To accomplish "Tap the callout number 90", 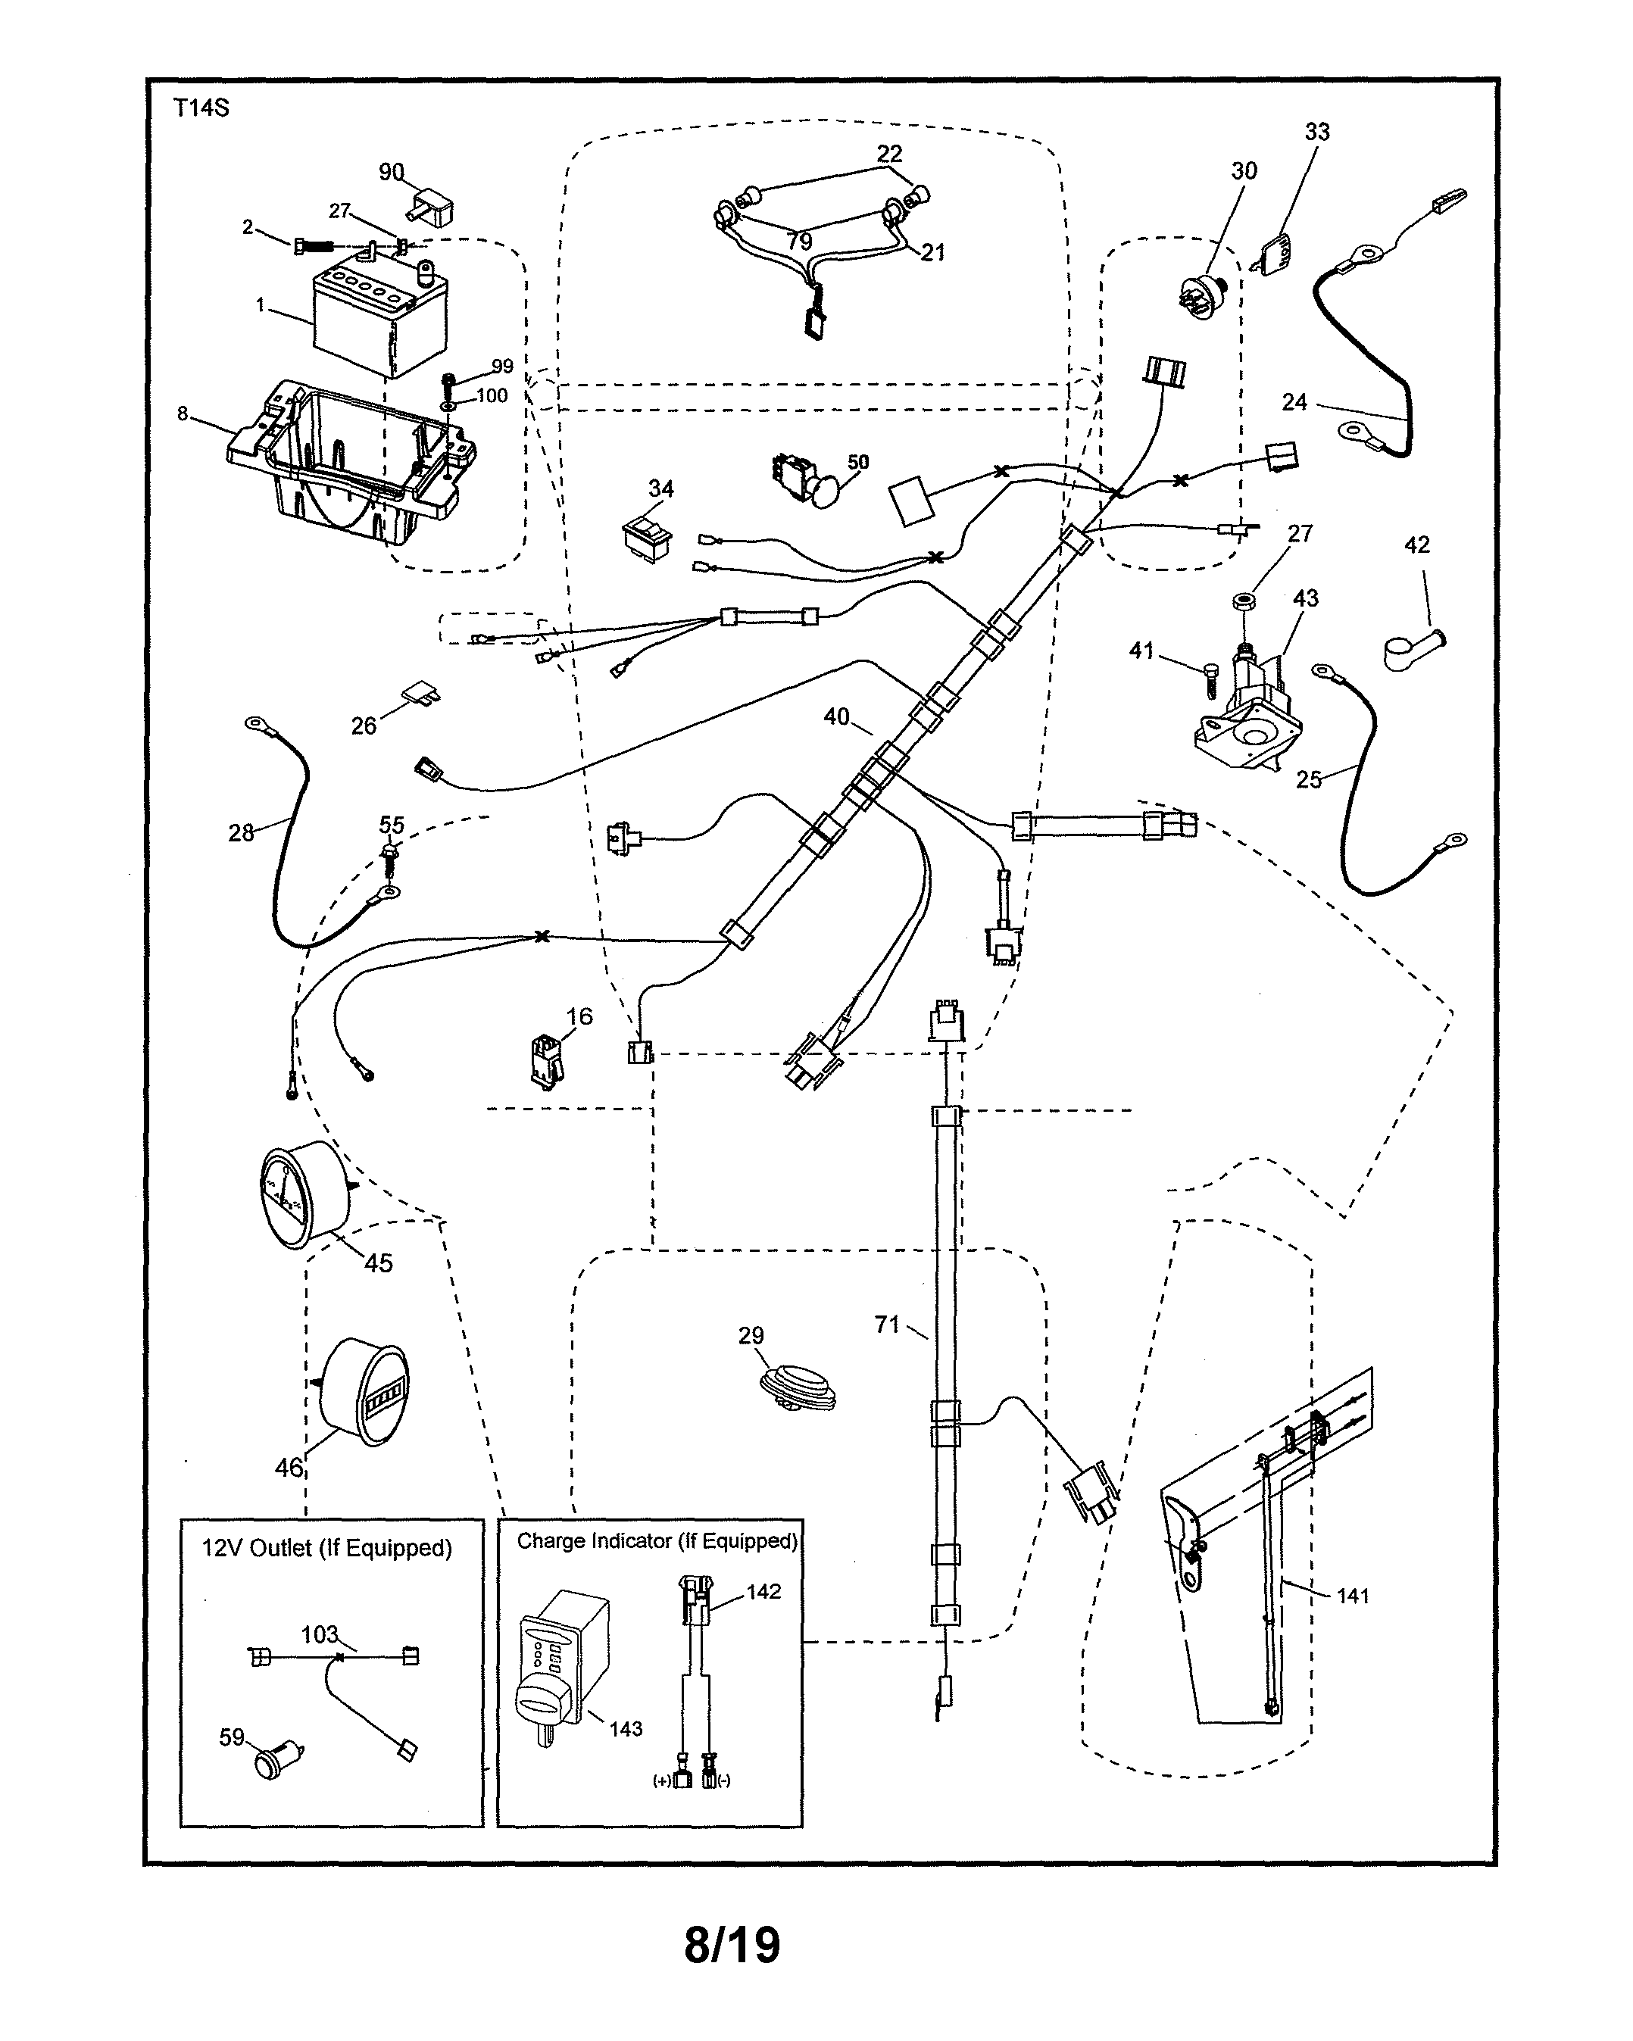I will coord(391,173).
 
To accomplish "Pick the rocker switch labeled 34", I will coord(648,538).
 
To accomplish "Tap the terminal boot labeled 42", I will coord(1410,650).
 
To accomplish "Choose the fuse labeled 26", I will coord(422,694).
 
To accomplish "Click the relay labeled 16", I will coord(545,1060).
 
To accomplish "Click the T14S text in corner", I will coord(201,107).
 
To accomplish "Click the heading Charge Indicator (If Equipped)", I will coord(656,1541).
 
